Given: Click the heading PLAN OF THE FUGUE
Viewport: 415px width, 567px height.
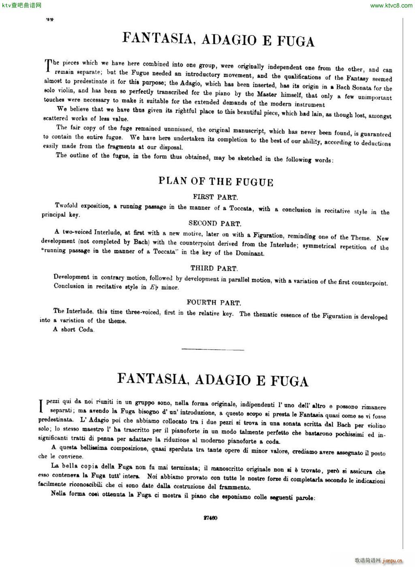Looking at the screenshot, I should tap(216, 181).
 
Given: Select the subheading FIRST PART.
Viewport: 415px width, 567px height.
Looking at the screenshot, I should tap(215, 197).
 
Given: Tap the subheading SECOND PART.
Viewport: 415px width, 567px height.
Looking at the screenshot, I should tap(215, 223).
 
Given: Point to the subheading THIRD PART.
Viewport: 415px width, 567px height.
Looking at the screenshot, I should tap(214, 268).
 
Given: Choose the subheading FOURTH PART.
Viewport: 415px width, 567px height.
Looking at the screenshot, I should tap(214, 302).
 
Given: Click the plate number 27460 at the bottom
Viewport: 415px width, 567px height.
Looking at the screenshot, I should tap(210, 518).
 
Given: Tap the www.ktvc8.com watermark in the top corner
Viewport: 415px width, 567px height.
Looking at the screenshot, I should tap(391, 5).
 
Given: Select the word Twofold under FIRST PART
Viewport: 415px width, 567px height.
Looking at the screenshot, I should tap(68, 205).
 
